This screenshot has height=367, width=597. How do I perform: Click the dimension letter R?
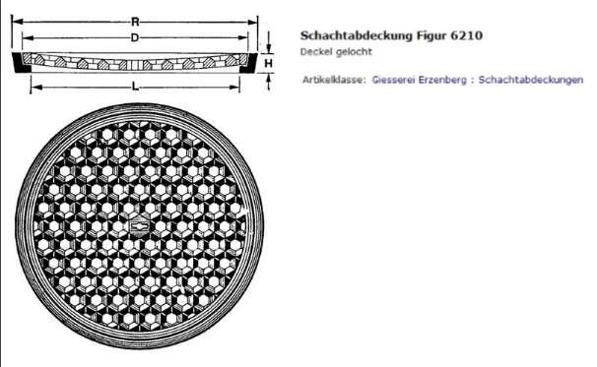click(135, 22)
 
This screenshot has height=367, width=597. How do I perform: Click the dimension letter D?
click(135, 37)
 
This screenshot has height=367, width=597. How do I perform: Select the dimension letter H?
click(268, 63)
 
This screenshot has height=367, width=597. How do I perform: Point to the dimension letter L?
click(135, 88)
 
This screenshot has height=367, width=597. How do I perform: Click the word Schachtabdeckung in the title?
click(356, 35)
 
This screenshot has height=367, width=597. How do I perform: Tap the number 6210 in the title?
click(466, 35)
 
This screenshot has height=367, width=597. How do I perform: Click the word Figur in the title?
click(431, 36)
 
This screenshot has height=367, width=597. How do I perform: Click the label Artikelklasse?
click(334, 80)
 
